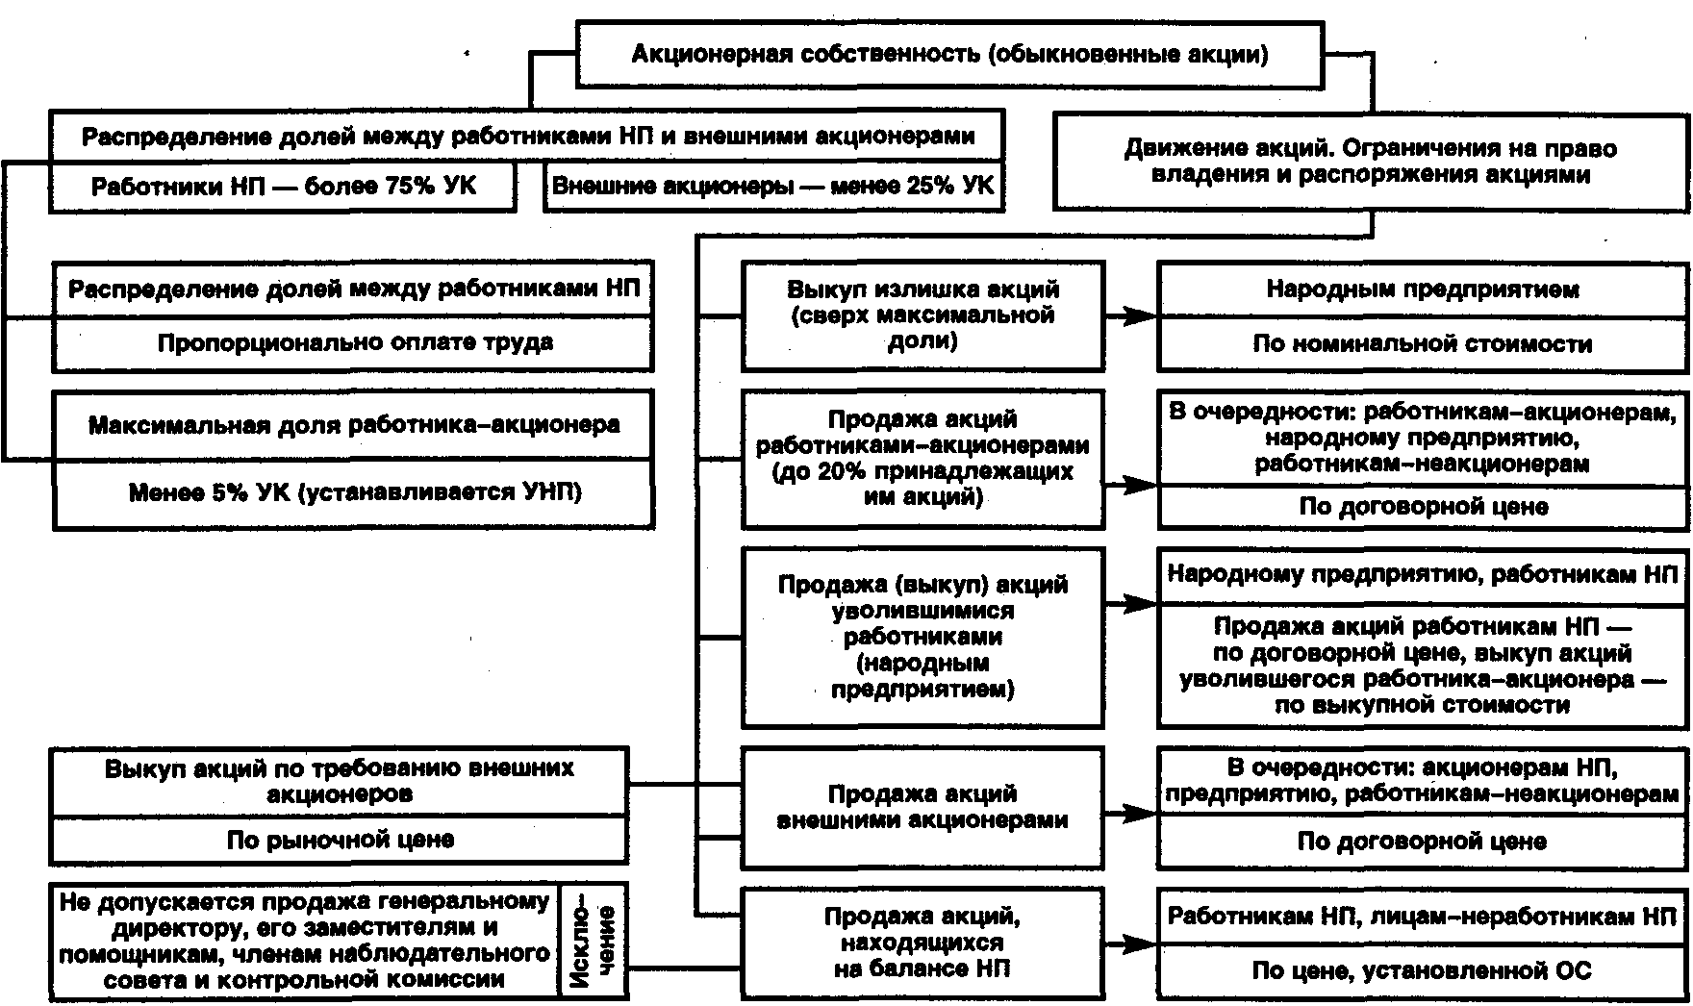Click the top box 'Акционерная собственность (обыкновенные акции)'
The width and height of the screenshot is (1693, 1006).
[x=949, y=54]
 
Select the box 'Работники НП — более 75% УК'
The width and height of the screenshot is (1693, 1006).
[x=283, y=186]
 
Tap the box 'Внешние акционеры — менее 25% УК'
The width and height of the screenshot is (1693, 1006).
[x=774, y=186]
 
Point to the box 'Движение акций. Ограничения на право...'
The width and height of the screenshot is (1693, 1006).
[x=1372, y=162]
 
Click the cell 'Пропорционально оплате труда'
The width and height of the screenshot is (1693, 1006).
[x=353, y=343]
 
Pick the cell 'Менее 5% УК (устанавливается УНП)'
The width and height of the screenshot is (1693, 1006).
[x=353, y=493]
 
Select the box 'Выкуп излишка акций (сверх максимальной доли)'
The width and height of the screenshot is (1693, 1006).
[x=922, y=314]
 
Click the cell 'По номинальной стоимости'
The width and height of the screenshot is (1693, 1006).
[x=1423, y=344]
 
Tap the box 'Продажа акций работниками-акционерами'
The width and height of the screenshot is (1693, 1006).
[x=922, y=459]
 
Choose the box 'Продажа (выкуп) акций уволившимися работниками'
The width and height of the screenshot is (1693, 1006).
[x=922, y=637]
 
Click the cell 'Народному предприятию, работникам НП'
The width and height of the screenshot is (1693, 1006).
[x=1423, y=575]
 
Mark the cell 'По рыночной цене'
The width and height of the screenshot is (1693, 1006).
[x=340, y=841]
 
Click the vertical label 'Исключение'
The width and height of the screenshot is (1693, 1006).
[x=593, y=941]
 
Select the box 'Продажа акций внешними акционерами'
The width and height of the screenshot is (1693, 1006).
[x=922, y=807]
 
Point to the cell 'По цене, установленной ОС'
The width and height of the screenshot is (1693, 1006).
[x=1423, y=970]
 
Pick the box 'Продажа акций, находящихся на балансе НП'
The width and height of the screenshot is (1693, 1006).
[x=922, y=943]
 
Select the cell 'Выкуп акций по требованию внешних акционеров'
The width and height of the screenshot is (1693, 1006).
[x=340, y=782]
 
